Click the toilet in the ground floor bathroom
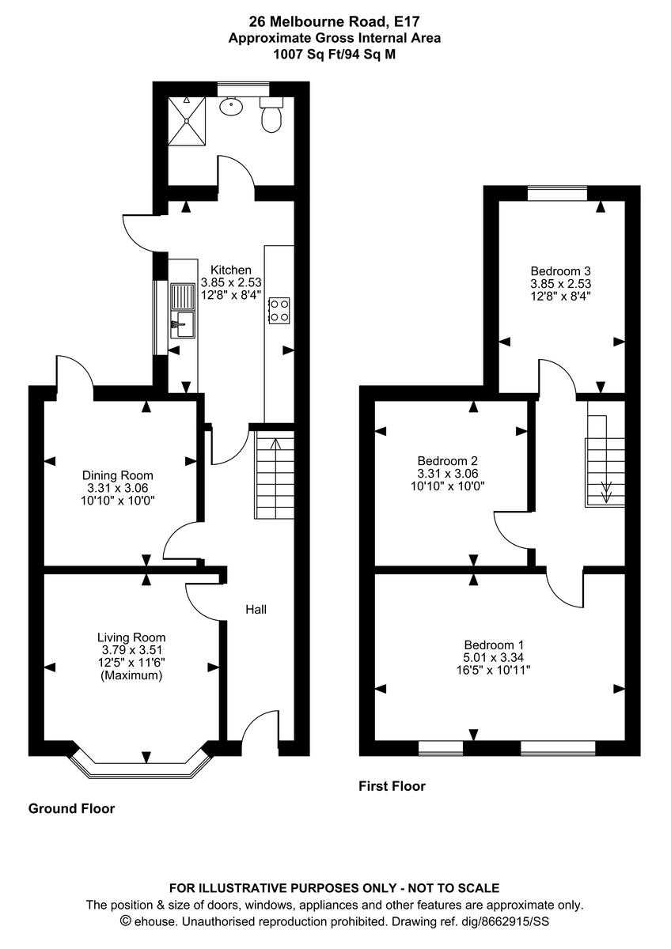pos(271,115)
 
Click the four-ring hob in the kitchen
pos(279,310)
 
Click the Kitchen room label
pos(230,270)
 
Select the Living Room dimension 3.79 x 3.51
pos(131,650)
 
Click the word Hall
pos(256,610)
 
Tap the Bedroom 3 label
pos(560,269)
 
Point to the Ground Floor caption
pos(71,808)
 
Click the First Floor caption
pos(392,786)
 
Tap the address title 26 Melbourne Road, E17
pos(335,22)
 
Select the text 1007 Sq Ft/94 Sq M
pos(335,54)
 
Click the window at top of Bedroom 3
pos(558,191)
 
